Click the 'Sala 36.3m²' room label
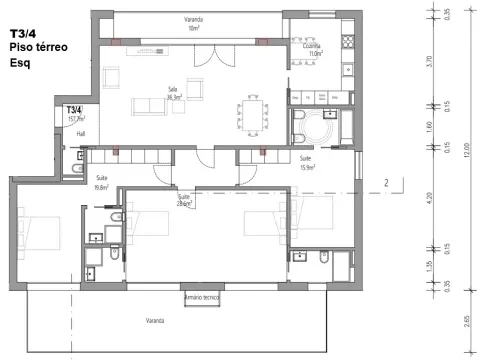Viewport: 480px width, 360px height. click(x=173, y=93)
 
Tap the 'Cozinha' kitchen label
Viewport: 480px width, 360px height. click(x=312, y=48)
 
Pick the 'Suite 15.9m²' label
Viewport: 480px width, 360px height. click(x=307, y=162)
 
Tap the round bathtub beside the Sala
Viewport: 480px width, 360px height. click(x=324, y=129)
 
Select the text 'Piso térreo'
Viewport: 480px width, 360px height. click(x=36, y=46)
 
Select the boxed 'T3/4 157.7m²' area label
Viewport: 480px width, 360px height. click(x=74, y=113)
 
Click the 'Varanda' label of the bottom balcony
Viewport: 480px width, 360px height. click(x=153, y=320)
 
